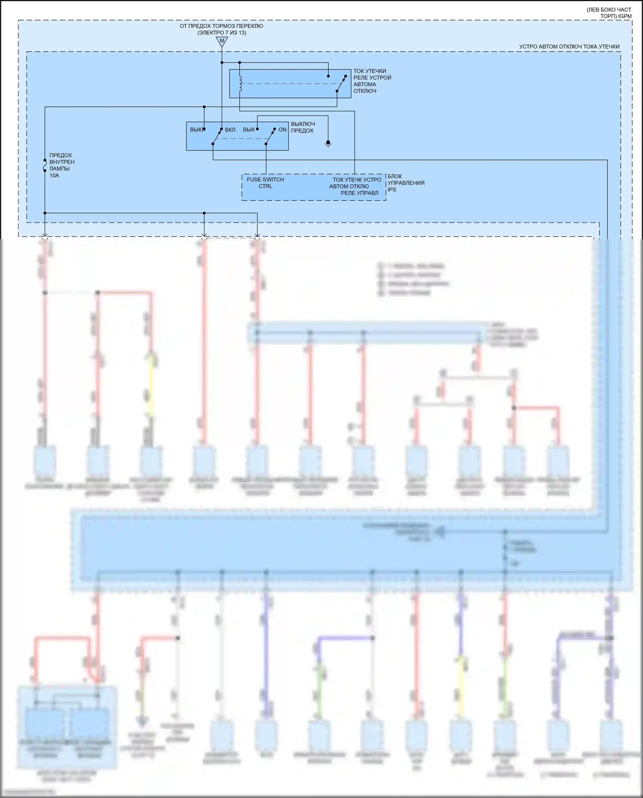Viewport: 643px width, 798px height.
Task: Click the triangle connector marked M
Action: [222, 41]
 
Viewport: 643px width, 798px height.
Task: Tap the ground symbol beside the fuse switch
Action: [328, 144]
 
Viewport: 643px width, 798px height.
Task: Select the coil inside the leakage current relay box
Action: [240, 84]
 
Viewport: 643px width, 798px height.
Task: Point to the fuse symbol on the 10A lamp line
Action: [45, 166]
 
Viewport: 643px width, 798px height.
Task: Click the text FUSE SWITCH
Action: [265, 180]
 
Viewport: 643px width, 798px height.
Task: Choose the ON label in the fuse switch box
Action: [282, 129]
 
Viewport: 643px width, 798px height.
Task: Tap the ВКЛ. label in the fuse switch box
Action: [231, 129]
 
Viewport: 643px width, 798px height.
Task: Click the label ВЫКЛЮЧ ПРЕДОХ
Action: [303, 127]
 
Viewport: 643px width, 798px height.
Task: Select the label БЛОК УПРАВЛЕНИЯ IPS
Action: [406, 183]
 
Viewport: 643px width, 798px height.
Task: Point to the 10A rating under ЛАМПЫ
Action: [54, 175]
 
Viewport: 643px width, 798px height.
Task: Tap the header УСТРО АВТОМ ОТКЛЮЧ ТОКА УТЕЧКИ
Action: [569, 47]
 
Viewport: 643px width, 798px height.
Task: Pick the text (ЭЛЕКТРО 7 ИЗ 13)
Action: [222, 33]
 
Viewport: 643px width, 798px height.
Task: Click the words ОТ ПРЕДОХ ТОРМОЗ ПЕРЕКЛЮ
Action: [221, 26]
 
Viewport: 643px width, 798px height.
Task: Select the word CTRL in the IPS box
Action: [265, 186]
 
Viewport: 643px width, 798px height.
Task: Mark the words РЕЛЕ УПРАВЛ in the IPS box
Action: [360, 193]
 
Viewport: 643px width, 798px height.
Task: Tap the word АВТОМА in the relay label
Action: [364, 84]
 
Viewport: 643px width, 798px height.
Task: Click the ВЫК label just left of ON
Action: [249, 129]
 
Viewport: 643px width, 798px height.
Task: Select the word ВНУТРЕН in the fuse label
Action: [62, 162]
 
